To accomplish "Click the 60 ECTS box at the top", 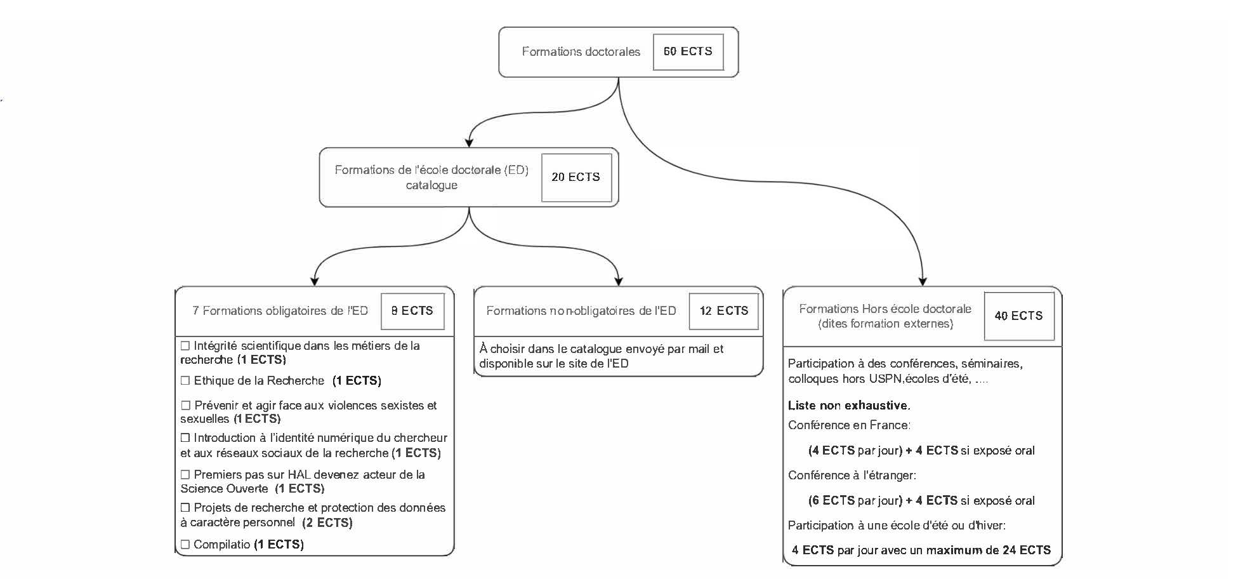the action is coord(688,51).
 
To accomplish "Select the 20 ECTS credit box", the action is coord(576,177).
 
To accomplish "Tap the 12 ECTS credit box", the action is coord(724,311).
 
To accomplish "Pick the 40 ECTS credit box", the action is coord(1019,316).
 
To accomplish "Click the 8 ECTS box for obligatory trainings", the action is coord(412,311).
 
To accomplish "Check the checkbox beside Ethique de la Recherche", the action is coord(185,381).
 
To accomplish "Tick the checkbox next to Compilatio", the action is coord(185,544).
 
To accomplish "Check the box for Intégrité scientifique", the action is coord(185,346).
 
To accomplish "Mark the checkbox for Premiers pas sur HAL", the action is coord(185,474).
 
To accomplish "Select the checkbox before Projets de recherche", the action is coord(185,507).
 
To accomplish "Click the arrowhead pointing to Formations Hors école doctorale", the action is coord(923,282).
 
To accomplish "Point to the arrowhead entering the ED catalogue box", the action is coord(469,142).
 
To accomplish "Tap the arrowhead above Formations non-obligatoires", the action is coord(619,282).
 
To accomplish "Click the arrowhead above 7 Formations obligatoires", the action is coord(314,282).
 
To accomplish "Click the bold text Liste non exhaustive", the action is coord(849,406).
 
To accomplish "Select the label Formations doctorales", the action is coord(581,52).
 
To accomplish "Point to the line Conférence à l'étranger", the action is coord(852,476).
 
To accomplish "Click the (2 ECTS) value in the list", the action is coord(327,523).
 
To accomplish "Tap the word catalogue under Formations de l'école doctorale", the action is coord(431,185).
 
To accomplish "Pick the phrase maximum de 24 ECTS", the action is coord(989,550).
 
